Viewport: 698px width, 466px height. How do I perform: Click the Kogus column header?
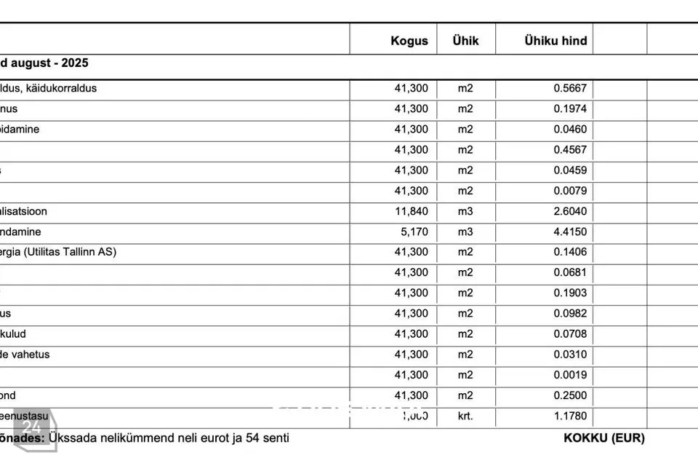pos(409,41)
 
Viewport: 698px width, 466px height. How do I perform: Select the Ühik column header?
pos(465,41)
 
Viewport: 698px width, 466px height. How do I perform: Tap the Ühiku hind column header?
pos(555,41)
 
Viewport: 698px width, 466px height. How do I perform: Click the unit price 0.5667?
pos(570,89)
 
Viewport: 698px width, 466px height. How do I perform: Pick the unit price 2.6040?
pos(570,212)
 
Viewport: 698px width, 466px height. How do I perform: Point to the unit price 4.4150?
pos(570,232)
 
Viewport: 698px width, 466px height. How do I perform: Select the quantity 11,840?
pos(412,212)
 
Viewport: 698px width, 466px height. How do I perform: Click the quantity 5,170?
pos(414,232)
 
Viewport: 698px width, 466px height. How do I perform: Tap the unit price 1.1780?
pos(570,416)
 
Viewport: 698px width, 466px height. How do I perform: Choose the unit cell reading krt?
pos(465,416)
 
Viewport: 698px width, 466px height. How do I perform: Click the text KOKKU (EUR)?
pos(603,438)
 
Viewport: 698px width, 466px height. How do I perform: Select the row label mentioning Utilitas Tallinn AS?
pos(58,253)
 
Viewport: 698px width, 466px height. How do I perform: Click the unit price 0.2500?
pos(570,396)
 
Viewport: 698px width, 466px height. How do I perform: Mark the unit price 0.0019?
pos(570,376)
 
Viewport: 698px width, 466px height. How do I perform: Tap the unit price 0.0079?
pos(570,191)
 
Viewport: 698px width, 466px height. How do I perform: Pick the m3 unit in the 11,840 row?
pos(465,212)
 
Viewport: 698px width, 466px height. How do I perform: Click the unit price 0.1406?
pos(570,253)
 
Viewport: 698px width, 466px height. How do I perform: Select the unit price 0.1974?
pos(570,109)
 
